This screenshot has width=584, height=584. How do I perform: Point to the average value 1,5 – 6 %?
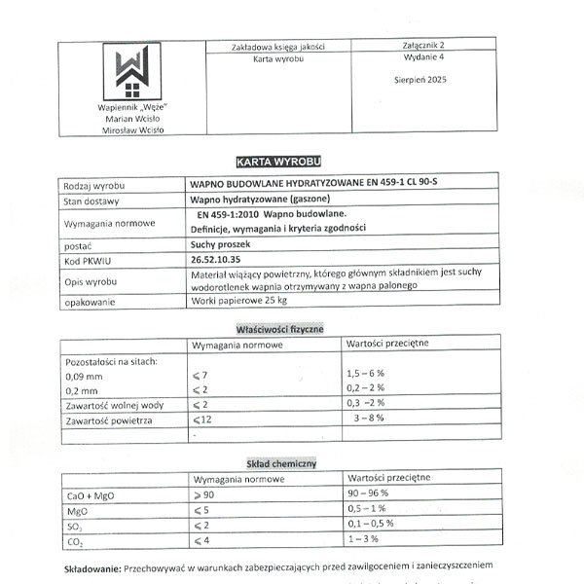coord(366,373)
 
